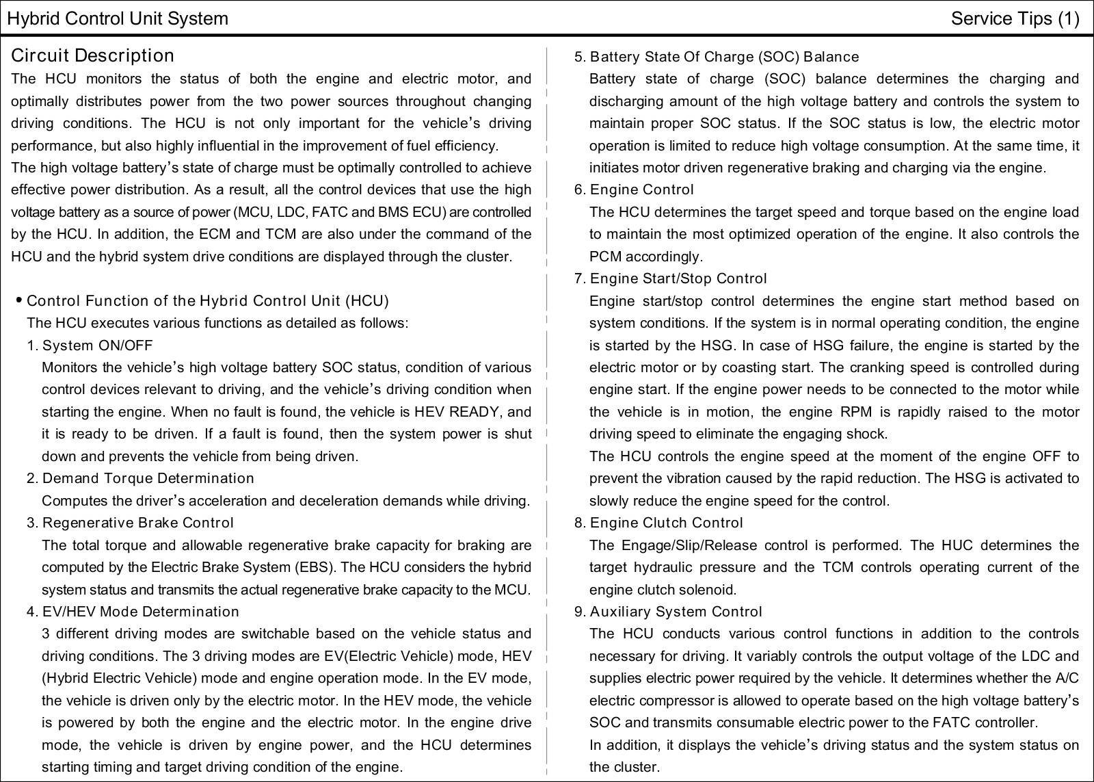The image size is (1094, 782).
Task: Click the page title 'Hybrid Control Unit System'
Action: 117,18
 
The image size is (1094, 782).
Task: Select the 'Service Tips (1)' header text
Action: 1015,18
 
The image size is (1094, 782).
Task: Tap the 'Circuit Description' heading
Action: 92,55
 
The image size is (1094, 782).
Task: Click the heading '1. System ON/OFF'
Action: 90,346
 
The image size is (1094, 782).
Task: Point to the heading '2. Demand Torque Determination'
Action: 140,478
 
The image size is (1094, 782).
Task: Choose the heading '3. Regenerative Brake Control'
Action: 130,523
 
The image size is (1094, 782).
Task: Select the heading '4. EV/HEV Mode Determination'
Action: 133,612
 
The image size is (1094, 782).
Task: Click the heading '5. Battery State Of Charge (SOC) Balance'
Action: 717,57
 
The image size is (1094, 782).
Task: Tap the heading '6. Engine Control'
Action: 634,190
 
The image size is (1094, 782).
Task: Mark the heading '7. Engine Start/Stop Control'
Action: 670,278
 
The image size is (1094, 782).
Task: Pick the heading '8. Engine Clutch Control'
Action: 658,523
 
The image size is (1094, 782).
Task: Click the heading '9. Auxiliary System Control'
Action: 668,612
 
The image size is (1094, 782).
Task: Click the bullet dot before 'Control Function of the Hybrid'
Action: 18,300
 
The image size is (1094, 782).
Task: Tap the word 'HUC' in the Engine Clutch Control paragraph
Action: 957,545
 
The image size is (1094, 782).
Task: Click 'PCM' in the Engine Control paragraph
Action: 605,257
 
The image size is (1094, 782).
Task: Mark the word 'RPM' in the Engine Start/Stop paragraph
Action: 856,412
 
